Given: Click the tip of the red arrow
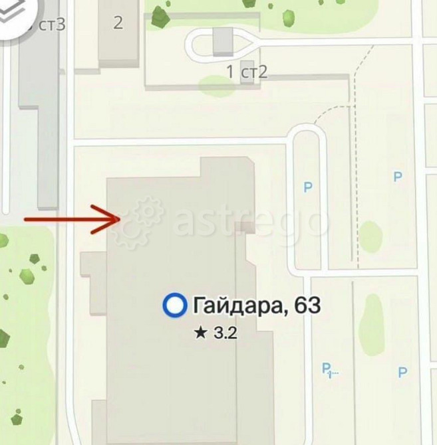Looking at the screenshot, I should pyautogui.click(x=119, y=218).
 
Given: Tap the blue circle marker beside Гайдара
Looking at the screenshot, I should pyautogui.click(x=174, y=306).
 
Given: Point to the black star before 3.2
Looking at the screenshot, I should pyautogui.click(x=201, y=333).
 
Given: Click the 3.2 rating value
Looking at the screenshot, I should pyautogui.click(x=225, y=333).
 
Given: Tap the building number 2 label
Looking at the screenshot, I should pyautogui.click(x=118, y=23).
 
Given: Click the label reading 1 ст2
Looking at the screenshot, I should pyautogui.click(x=247, y=72).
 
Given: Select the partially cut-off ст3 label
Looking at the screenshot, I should pyautogui.click(x=52, y=25).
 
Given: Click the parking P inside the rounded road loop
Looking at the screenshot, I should pyautogui.click(x=307, y=188).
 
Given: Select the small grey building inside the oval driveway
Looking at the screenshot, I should pyautogui.click(x=223, y=41).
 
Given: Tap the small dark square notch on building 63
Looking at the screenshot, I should pyautogui.click(x=246, y=226).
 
